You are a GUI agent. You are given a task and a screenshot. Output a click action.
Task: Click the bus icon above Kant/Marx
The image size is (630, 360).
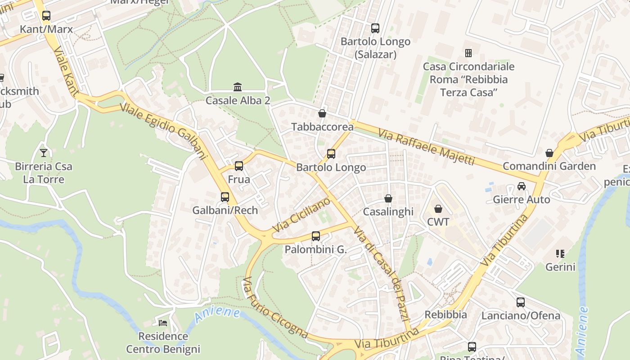click(x=46, y=16)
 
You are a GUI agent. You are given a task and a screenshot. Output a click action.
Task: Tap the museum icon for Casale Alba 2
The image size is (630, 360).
click(x=238, y=87)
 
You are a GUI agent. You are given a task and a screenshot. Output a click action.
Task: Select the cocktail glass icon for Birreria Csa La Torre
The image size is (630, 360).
click(x=43, y=153)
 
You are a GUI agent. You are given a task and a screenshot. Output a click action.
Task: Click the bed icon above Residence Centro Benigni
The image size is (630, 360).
click(x=163, y=323)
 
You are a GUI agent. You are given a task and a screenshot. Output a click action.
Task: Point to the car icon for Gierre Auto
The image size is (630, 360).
click(x=521, y=186)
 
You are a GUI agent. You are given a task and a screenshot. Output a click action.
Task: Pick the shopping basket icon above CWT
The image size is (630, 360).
click(x=438, y=209)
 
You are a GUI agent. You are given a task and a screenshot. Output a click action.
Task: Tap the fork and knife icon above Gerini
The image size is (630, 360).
click(x=560, y=254)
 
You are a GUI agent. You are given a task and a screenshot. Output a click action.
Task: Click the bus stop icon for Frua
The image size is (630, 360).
click(x=238, y=166)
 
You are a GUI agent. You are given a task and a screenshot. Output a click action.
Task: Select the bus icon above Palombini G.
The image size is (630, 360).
click(x=316, y=236)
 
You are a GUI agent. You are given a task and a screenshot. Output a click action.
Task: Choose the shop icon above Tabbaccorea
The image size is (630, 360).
click(x=322, y=113)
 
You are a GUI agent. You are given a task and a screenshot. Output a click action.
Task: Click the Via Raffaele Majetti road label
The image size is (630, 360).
click(x=426, y=147)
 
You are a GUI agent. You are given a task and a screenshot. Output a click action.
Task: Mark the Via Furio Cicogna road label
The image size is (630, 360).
click(x=274, y=308)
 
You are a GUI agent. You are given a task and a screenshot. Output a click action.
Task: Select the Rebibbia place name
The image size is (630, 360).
click(x=445, y=315)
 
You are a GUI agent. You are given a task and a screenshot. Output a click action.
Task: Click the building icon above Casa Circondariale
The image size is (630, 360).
click(x=468, y=53)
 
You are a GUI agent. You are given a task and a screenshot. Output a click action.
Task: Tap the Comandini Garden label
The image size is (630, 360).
click(x=549, y=166)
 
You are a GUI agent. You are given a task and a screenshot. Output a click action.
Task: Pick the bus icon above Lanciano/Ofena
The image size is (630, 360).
click(x=521, y=302)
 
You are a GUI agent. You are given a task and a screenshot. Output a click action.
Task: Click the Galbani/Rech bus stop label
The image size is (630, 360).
click(x=225, y=210)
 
